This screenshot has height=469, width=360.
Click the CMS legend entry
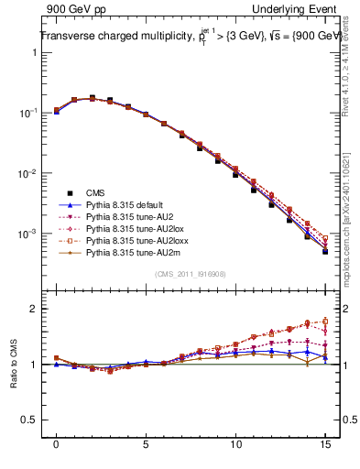[x=95, y=193]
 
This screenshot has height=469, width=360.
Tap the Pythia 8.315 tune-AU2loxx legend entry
[x=132, y=248]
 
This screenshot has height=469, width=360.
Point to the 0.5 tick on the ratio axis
[x=31, y=420]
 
